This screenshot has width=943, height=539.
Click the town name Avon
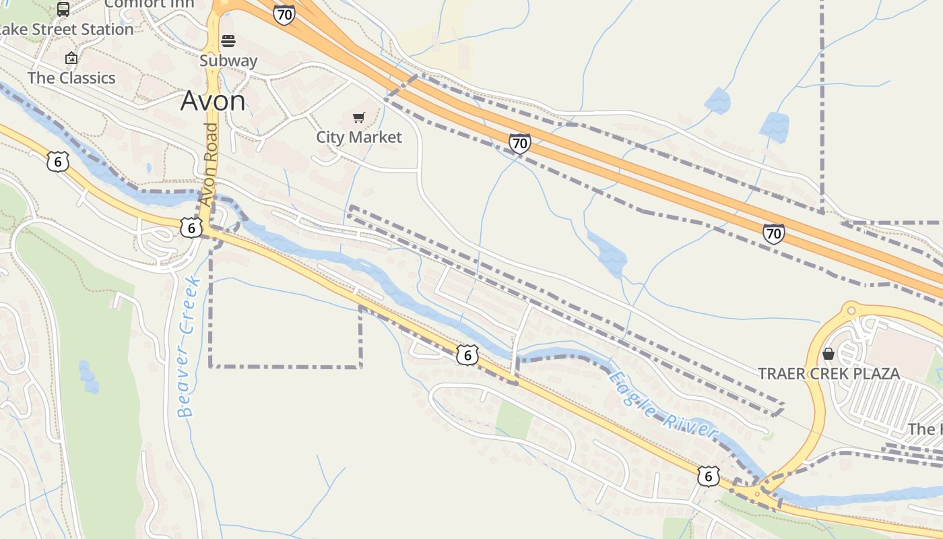(x=213, y=101)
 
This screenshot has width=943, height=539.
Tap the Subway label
(x=228, y=61)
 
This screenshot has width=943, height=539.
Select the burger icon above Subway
(x=228, y=41)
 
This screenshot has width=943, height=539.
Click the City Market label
(x=359, y=137)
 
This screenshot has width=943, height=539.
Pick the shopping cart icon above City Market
(x=359, y=118)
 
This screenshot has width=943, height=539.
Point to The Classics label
(x=71, y=78)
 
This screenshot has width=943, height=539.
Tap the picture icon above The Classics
(x=71, y=59)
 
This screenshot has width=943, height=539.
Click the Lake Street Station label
(x=66, y=30)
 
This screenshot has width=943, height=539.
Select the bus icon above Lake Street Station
(x=63, y=9)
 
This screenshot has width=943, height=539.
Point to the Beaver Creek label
(x=186, y=347)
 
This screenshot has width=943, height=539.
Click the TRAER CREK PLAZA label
(x=828, y=374)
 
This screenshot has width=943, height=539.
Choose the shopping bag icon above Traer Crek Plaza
(x=828, y=354)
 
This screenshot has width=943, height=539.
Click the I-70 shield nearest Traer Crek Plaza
(x=774, y=234)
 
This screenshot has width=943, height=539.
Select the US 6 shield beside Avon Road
(x=191, y=228)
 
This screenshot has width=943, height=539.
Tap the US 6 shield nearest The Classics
(x=58, y=161)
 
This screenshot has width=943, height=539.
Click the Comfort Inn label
(x=150, y=4)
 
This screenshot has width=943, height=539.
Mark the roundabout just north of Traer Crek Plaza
(x=850, y=311)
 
